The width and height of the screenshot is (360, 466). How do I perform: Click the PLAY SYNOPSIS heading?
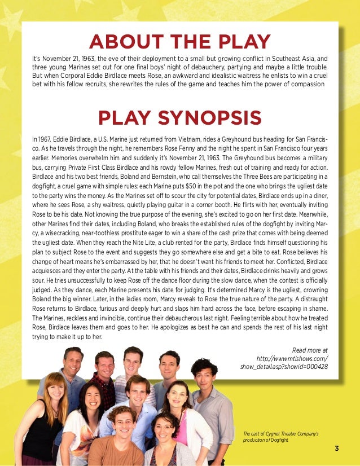[180, 117]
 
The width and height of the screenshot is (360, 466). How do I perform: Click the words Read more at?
[310, 350]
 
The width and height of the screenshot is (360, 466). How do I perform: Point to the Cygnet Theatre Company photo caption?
[281, 436]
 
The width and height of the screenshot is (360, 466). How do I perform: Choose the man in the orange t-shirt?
[121, 443]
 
